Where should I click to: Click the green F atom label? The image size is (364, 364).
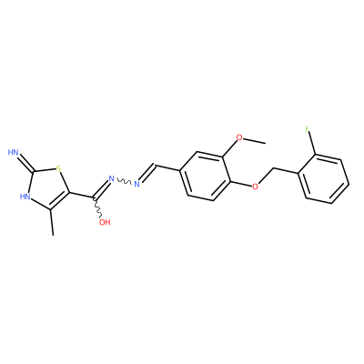(x=308, y=129)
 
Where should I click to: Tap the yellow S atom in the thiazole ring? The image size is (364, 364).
(x=58, y=167)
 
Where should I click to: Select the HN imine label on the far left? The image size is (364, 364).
(x=14, y=152)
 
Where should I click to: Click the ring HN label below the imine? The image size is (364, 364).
(x=25, y=197)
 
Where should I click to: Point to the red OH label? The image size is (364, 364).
(x=105, y=222)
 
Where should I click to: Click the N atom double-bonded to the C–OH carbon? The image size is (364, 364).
(x=111, y=178)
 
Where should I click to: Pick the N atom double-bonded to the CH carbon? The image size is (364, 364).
(x=136, y=184)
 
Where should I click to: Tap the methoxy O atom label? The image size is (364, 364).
(x=239, y=137)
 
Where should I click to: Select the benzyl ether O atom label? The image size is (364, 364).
(x=256, y=186)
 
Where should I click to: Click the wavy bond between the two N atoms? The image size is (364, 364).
(x=124, y=181)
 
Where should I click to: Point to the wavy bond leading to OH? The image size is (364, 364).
(x=98, y=208)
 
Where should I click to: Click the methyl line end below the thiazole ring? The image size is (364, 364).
(x=54, y=235)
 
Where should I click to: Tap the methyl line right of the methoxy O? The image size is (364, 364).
(x=255, y=140)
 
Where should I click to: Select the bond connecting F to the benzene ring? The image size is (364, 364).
(x=312, y=144)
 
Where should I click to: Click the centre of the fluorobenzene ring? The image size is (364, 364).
(x=324, y=179)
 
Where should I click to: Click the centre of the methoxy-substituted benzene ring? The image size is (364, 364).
(x=206, y=177)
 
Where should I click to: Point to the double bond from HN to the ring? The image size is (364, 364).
(x=26, y=163)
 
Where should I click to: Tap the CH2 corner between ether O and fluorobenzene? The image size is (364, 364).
(x=274, y=167)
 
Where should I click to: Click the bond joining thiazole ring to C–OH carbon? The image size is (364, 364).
(x=82, y=196)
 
